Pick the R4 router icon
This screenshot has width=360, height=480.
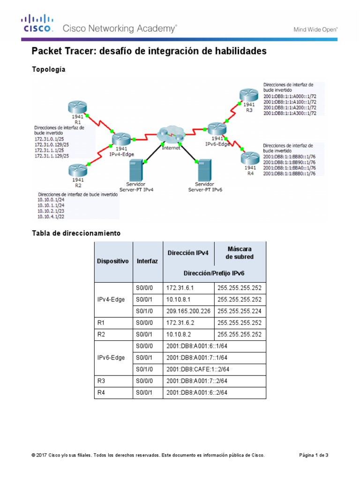pos(249,158)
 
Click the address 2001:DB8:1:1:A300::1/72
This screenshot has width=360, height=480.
pos(290,113)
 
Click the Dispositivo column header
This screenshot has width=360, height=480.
pos(112,261)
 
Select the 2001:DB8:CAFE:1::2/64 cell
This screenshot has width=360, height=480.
pos(198,369)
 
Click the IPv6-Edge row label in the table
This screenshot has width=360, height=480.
pos(111,358)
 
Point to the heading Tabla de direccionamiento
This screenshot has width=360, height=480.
pos(76,233)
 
